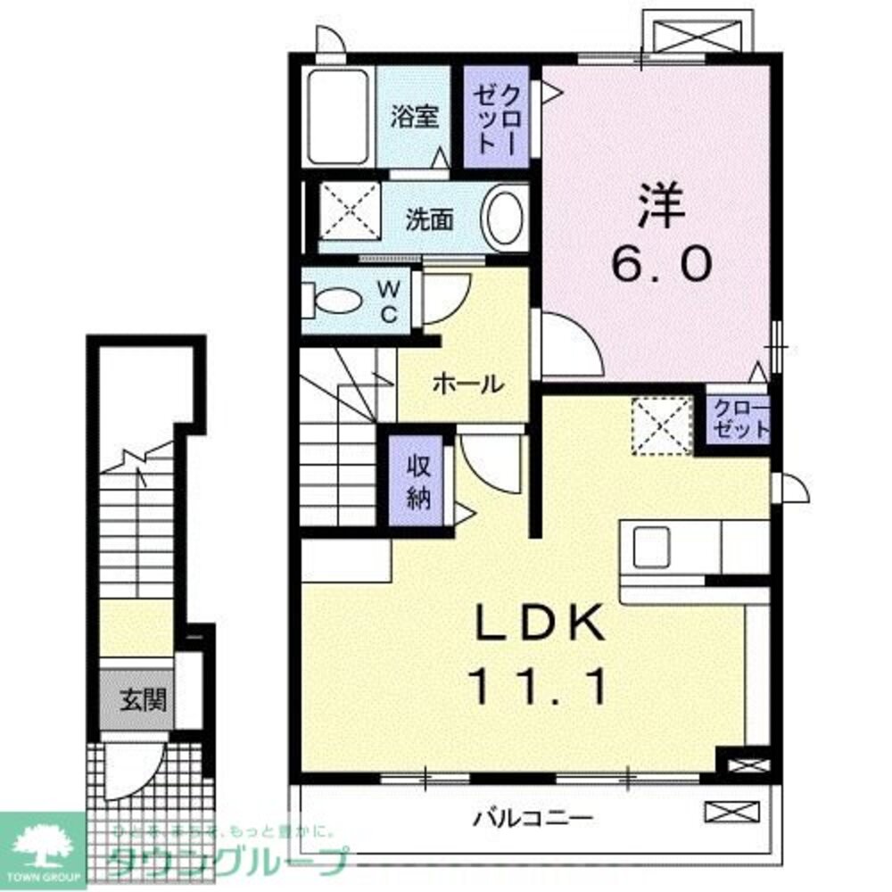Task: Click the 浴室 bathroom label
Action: coord(416,118)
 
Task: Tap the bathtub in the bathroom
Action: coord(337,116)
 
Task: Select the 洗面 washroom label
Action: coord(430,219)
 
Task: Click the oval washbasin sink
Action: coord(505,217)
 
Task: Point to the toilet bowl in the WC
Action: coord(334,300)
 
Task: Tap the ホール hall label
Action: coord(466,384)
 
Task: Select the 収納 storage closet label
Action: coord(419,483)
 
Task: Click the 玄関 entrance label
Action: coord(143,698)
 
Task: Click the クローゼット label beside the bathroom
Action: coord(496,118)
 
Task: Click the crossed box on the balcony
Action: coord(724,812)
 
